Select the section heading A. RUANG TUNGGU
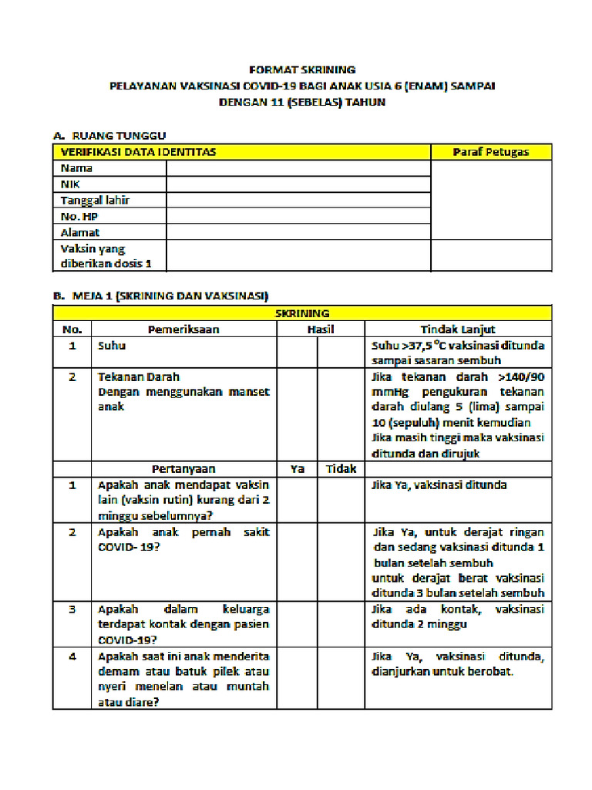click(x=109, y=136)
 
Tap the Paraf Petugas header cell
click(x=491, y=152)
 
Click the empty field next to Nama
click(x=298, y=168)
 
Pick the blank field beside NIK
click(x=298, y=184)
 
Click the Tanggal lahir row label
click(x=95, y=201)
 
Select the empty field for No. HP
click(x=298, y=217)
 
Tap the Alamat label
click(x=80, y=232)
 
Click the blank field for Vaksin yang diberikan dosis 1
click(x=298, y=255)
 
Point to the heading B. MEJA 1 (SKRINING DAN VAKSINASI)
click(x=160, y=295)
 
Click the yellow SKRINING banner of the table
click(x=302, y=313)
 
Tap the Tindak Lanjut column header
click(x=458, y=329)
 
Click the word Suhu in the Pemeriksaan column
click(x=112, y=346)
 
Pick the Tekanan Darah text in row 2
click(x=139, y=377)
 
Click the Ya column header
click(x=298, y=469)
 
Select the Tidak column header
click(x=340, y=469)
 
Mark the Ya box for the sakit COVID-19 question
click(x=298, y=562)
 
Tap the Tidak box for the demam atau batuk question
click(x=340, y=678)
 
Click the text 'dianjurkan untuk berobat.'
click(x=442, y=671)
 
